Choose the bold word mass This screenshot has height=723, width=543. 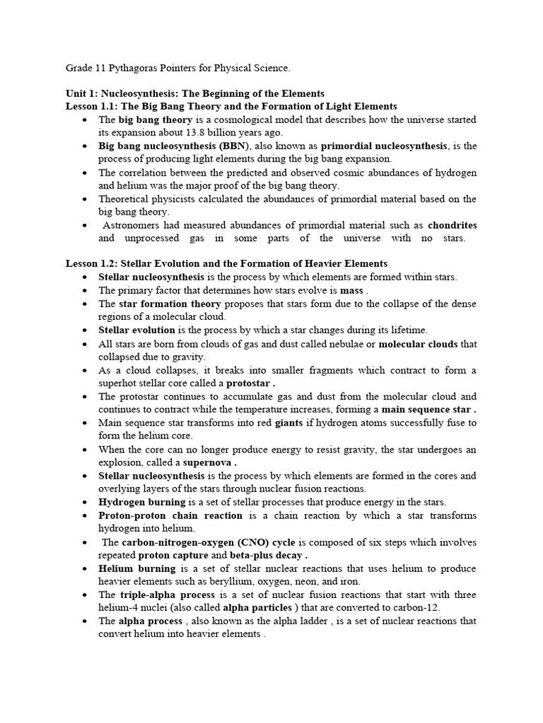click(351, 290)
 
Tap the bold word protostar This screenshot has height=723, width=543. click(249, 383)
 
